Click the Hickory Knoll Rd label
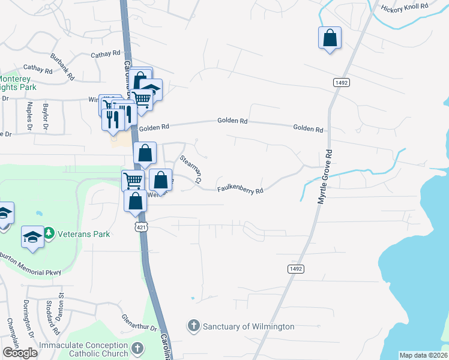[405, 7]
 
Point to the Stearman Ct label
[191, 169]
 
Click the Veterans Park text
[84, 234]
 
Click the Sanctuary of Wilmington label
[249, 326]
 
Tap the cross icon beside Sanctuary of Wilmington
[194, 326]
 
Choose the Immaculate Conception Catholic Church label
[83, 349]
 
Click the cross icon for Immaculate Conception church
[137, 348]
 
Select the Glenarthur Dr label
[139, 323]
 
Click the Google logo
[20, 353]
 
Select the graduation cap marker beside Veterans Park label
[32, 237]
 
